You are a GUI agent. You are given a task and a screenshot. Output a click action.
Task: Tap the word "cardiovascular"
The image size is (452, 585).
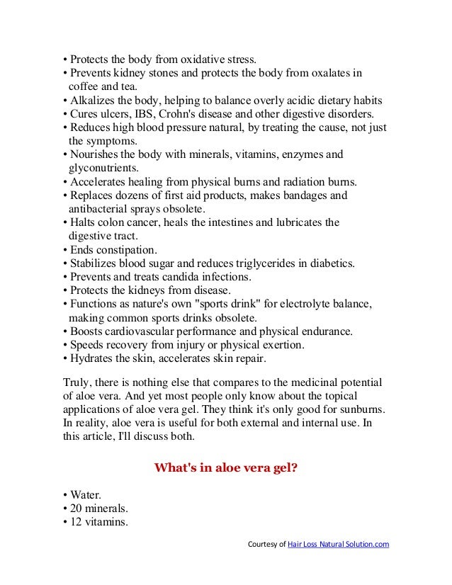pyautogui.click(x=152, y=331)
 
